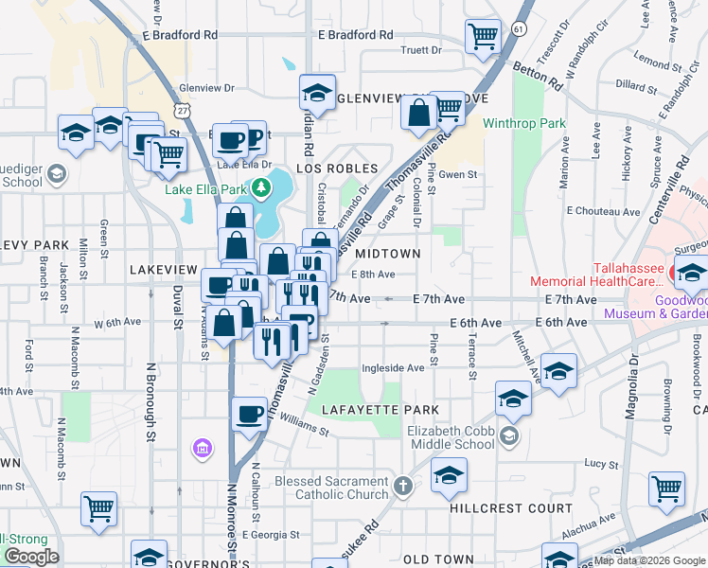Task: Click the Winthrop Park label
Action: (x=523, y=123)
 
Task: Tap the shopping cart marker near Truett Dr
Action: (x=483, y=37)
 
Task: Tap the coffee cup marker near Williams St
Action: (x=250, y=414)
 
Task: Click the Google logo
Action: (x=31, y=557)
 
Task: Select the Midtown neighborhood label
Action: (x=386, y=254)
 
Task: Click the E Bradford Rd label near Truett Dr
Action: (x=355, y=35)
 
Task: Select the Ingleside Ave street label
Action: (x=392, y=367)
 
